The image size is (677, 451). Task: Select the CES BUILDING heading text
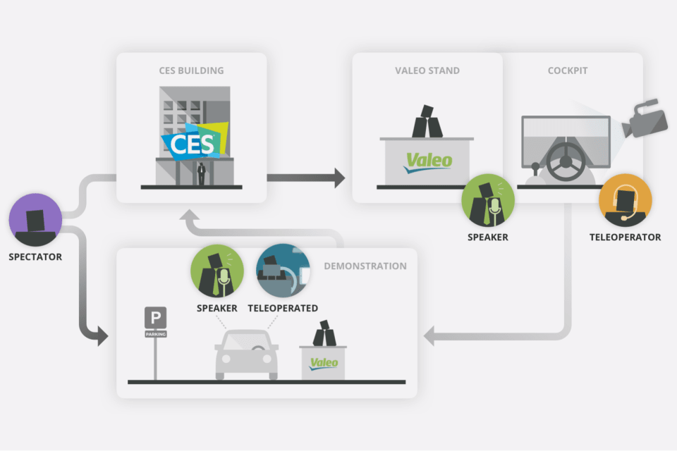[x=191, y=70]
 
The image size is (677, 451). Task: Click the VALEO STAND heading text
[x=427, y=70]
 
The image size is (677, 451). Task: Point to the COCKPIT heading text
[x=568, y=70]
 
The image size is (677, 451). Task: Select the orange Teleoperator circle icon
[x=625, y=201]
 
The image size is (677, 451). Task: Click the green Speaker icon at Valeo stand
[x=488, y=201]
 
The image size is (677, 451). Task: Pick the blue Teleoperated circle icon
[x=283, y=271]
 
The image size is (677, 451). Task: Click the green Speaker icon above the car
[x=217, y=271]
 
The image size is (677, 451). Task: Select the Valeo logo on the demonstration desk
[x=324, y=364]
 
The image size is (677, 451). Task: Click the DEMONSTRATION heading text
[x=365, y=266]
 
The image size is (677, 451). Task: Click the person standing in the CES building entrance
[x=202, y=173]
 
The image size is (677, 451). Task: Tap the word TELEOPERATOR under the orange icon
[x=625, y=237]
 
